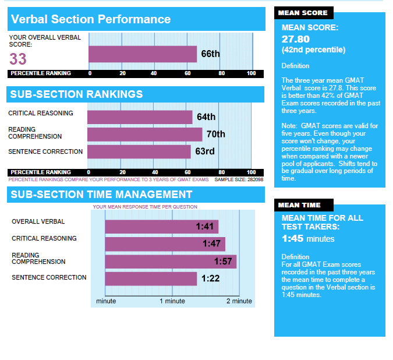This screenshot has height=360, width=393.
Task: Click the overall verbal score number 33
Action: point(18,59)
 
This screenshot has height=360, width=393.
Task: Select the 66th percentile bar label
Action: point(210,54)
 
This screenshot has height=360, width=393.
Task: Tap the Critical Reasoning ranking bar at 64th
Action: point(140,117)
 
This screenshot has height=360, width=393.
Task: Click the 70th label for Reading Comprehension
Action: point(215,135)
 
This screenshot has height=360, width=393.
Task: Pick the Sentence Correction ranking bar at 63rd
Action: point(139,152)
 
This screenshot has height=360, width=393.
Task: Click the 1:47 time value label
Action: point(211,244)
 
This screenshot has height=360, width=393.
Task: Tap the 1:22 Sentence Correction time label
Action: point(210,278)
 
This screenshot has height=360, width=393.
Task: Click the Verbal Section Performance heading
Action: point(91,19)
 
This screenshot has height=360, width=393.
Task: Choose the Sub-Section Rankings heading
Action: point(77,94)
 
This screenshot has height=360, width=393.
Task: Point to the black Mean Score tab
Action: point(303,13)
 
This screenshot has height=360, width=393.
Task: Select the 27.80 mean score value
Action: point(297,38)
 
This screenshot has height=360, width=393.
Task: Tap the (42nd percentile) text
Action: point(313,50)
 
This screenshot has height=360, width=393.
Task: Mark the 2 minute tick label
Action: point(239,301)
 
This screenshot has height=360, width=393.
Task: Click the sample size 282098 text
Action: point(239,179)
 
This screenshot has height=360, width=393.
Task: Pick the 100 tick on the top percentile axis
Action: point(251,73)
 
